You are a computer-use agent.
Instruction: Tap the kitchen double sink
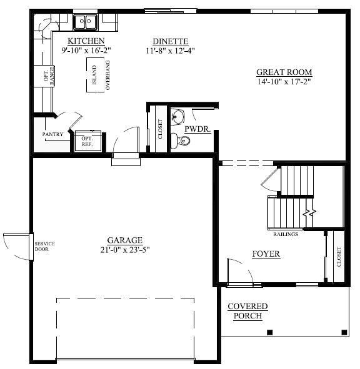point(84,23)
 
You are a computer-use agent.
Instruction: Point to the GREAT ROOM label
point(284,72)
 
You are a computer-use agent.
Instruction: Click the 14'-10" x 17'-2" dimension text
point(284,82)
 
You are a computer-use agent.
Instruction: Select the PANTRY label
point(52,134)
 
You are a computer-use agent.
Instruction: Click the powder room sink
point(179,116)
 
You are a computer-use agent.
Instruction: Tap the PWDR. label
point(197,130)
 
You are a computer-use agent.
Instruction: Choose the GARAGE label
point(124,240)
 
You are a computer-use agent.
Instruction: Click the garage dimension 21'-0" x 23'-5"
point(124,250)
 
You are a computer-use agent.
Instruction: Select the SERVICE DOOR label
point(45,246)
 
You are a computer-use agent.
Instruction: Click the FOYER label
point(266,254)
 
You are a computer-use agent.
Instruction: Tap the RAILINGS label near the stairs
point(285,234)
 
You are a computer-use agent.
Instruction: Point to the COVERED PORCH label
point(247,311)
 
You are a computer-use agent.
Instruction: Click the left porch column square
point(269,332)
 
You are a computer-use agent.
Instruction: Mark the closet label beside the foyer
point(338,255)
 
